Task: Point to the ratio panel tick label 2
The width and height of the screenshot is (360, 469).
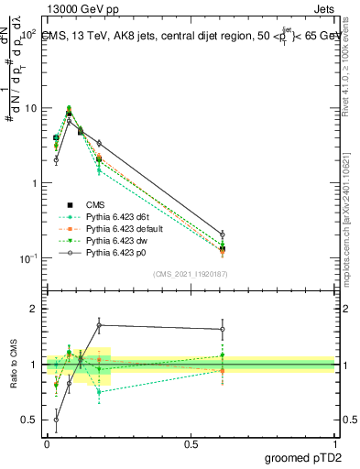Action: tap(33, 310)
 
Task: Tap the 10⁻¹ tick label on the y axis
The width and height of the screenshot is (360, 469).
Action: tap(27, 258)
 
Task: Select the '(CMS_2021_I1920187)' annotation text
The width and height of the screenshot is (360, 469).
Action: tap(190, 275)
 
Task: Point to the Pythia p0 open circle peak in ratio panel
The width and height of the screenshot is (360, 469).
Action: tap(98, 325)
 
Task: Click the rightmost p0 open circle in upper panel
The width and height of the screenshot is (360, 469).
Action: tap(223, 234)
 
